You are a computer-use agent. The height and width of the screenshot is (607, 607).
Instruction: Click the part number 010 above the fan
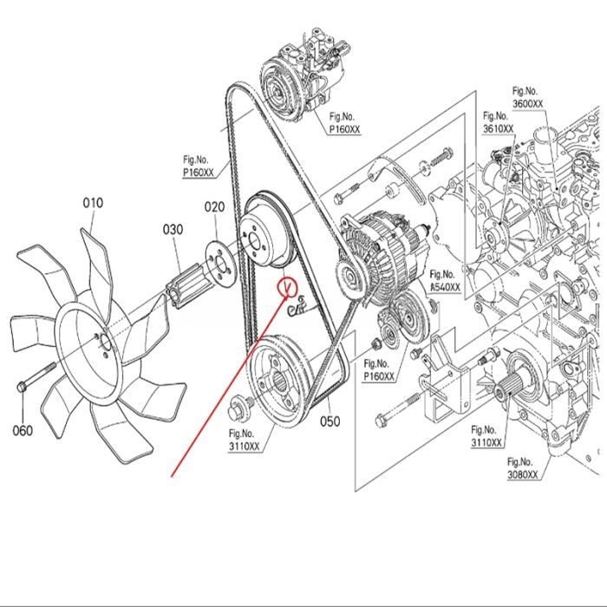(x=93, y=203)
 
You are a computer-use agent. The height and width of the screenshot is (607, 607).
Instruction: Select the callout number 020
(x=214, y=207)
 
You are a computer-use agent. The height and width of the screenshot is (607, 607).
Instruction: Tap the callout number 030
(x=173, y=229)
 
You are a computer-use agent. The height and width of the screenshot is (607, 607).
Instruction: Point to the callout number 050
(x=330, y=422)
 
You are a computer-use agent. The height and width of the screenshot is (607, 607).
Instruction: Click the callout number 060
(x=22, y=430)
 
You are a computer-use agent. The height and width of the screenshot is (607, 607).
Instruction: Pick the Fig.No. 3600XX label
(x=527, y=98)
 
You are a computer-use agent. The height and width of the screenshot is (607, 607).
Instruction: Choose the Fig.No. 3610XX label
(x=498, y=122)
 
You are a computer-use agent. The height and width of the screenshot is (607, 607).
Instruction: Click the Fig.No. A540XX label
(x=445, y=281)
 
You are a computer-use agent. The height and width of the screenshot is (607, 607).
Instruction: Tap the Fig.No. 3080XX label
(x=523, y=468)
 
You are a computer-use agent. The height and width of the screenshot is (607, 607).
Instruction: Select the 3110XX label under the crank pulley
(x=244, y=441)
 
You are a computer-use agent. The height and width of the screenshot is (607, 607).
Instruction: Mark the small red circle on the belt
(x=286, y=284)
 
